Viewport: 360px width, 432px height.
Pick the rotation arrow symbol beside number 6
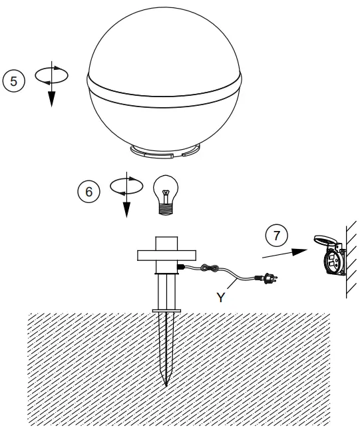[x=125, y=193]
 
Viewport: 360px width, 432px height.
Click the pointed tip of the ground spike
[x=165, y=383]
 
